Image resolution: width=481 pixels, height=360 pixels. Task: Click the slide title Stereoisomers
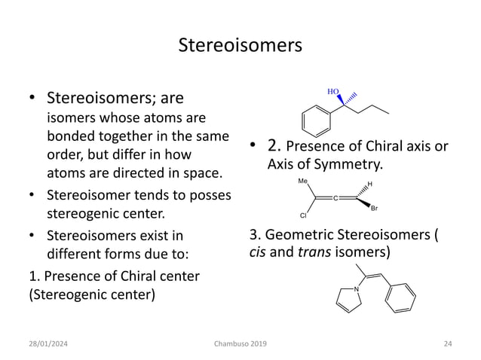click(240, 45)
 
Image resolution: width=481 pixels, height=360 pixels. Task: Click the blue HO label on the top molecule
click(332, 91)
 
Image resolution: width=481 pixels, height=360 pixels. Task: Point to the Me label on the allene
click(302, 182)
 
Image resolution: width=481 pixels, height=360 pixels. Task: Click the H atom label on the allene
click(369, 183)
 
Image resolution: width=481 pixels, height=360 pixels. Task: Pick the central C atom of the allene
click(336, 197)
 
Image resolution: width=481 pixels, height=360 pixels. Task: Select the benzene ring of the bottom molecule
click(400, 297)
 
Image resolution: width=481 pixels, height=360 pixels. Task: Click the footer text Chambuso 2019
click(240, 344)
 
